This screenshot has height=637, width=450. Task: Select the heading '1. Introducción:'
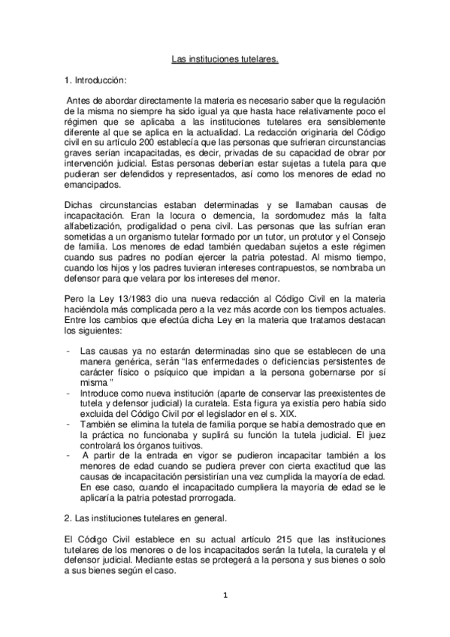tap(95, 79)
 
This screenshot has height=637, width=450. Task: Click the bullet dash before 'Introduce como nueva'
tap(68, 391)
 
